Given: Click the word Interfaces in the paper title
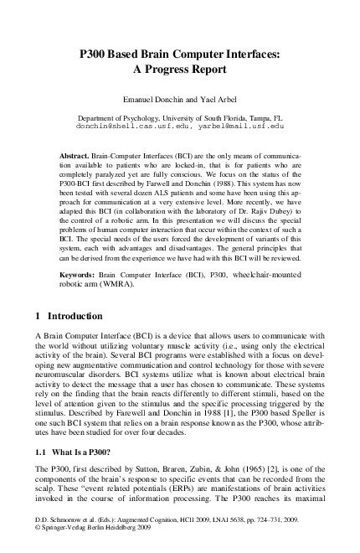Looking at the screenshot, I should coord(249,54).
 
